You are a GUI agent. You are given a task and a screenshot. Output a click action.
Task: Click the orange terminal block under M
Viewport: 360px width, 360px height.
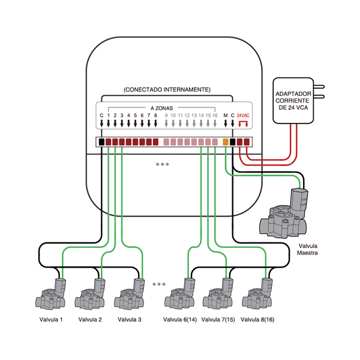pyautogui.click(x=226, y=142)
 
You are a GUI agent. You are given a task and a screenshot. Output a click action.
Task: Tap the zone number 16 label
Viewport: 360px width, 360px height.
pyautogui.click(x=215, y=115)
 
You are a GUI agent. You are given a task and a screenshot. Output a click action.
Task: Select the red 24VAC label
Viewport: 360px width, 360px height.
pyautogui.click(x=243, y=115)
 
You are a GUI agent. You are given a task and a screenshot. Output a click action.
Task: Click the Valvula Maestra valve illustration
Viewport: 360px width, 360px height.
pyautogui.click(x=284, y=213)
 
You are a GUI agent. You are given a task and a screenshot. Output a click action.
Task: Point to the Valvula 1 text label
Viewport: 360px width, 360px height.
pyautogui.click(x=51, y=319)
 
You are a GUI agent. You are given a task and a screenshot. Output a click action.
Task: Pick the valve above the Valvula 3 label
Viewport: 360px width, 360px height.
pyautogui.click(x=130, y=294)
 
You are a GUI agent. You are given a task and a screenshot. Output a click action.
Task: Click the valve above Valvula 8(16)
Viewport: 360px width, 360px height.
pyautogui.click(x=257, y=294)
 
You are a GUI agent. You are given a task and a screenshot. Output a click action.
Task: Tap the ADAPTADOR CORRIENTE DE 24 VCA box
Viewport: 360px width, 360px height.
pyautogui.click(x=293, y=101)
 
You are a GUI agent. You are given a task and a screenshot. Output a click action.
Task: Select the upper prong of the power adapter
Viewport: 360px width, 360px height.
pyautogui.click(x=319, y=87)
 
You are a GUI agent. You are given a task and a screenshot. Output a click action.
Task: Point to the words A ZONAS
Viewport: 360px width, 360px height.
pyautogui.click(x=161, y=108)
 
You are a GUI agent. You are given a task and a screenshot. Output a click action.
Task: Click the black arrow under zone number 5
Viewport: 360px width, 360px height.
pyautogui.click(x=135, y=123)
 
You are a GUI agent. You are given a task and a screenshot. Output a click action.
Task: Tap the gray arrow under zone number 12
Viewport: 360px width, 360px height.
pyautogui.click(x=187, y=123)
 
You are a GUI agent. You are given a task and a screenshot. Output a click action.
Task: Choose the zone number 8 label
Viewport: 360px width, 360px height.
pyautogui.click(x=155, y=115)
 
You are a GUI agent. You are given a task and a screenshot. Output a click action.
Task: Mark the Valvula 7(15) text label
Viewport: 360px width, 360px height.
pyautogui.click(x=218, y=319)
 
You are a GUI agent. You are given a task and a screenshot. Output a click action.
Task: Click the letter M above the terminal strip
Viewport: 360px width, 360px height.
pyautogui.click(x=226, y=115)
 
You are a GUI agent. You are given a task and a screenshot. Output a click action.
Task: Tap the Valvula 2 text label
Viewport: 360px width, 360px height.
pyautogui.click(x=90, y=319)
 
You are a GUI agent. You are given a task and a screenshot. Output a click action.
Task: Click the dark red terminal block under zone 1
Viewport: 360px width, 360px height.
pyautogui.click(x=109, y=142)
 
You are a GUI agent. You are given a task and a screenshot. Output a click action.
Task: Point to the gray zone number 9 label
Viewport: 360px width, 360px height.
pyautogui.click(x=166, y=115)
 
